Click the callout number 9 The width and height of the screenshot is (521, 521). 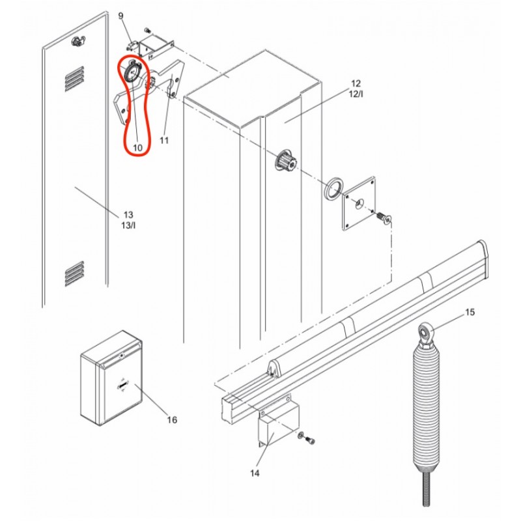click(120, 16)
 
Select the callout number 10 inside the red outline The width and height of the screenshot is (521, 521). click(137, 148)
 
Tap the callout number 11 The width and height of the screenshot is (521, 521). click(164, 141)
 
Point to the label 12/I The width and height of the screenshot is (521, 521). click(356, 94)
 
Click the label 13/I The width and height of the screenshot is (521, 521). click(128, 225)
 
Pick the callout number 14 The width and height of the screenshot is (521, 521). click(255, 473)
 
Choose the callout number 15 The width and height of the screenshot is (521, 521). click(470, 313)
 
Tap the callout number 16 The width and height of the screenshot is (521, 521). click(172, 420)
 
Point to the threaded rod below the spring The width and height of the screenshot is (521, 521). click(426, 488)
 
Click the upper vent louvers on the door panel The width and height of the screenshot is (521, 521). click(75, 79)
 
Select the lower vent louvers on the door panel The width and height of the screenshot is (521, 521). click(75, 274)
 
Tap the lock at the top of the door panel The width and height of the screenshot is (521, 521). click(77, 41)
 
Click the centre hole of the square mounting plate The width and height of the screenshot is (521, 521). click(359, 203)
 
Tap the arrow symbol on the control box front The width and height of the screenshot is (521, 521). click(122, 385)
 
